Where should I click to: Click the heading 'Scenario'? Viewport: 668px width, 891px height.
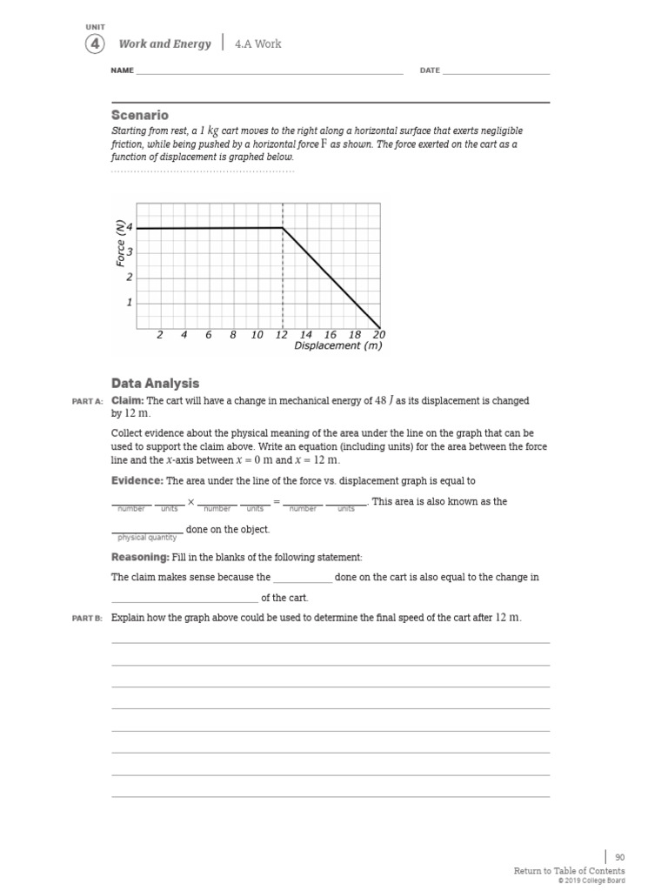pos(140,115)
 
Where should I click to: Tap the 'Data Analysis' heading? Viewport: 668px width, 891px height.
pos(155,383)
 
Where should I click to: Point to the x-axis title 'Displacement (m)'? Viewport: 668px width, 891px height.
pos(337,345)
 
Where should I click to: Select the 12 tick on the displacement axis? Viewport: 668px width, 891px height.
pos(281,334)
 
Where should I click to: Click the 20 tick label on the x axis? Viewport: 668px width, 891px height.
pos(378,334)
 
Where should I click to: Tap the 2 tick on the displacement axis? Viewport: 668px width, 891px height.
pos(160,334)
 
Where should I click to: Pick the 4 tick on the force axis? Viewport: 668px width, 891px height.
pos(130,228)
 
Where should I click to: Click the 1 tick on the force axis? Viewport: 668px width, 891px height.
pos(130,303)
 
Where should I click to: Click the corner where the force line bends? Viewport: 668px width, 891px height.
pos(283,228)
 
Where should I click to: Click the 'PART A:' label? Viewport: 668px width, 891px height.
pos(87,401)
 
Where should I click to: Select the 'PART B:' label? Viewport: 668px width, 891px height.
pos(87,618)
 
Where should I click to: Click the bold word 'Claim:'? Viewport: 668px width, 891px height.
pos(128,400)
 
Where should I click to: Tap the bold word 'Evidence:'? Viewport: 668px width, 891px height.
pos(137,480)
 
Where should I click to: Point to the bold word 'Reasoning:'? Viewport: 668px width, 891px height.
pos(140,557)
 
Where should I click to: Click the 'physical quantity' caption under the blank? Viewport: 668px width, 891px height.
pos(147,538)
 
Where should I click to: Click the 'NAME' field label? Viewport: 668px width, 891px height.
pos(122,70)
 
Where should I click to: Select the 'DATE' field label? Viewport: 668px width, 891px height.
pos(430,70)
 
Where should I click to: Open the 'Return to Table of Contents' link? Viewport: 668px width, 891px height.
pos(569,870)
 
